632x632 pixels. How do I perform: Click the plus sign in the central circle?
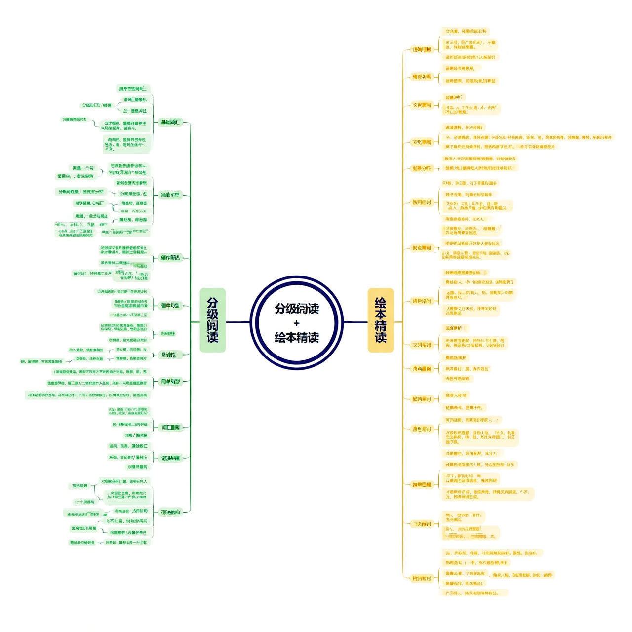tap(296, 323)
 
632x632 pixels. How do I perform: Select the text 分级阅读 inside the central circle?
tap(297, 309)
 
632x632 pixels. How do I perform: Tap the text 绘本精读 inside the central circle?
tap(297, 338)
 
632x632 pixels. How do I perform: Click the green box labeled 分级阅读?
tap(212, 320)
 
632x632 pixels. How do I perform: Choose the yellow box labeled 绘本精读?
tap(380, 320)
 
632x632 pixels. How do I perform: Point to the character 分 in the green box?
tap(212, 302)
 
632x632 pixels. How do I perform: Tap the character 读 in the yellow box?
tap(380, 337)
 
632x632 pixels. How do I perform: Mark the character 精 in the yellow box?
tap(380, 325)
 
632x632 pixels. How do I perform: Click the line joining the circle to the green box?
tap(237, 322)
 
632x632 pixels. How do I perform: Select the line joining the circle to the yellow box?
tap(355, 322)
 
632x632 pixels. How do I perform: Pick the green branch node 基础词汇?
tap(170, 122)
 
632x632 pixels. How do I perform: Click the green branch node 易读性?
tap(169, 355)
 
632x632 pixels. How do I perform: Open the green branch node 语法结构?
tap(170, 513)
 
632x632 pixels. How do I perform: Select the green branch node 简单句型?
tap(170, 306)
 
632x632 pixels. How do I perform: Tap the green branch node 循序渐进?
tap(170, 258)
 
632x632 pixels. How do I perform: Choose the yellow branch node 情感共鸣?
tap(422, 77)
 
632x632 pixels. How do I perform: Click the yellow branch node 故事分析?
tap(422, 168)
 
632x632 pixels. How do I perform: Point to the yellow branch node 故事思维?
tap(422, 485)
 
